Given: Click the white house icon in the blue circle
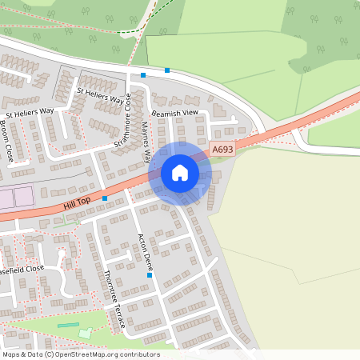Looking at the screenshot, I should [180, 173].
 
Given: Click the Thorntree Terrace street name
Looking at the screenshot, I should [114, 299].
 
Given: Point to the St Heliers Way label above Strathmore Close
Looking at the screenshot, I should [100, 95].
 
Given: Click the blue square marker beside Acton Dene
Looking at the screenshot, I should [150, 275].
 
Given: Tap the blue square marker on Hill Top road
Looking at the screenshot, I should [105, 198].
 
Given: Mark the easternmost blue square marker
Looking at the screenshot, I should [167, 70].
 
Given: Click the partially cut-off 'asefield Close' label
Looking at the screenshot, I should [22, 269].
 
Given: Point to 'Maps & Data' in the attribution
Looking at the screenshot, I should [22, 354].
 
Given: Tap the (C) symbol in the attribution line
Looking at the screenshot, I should [49, 354].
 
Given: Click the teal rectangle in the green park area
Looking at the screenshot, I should [69, 326].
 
